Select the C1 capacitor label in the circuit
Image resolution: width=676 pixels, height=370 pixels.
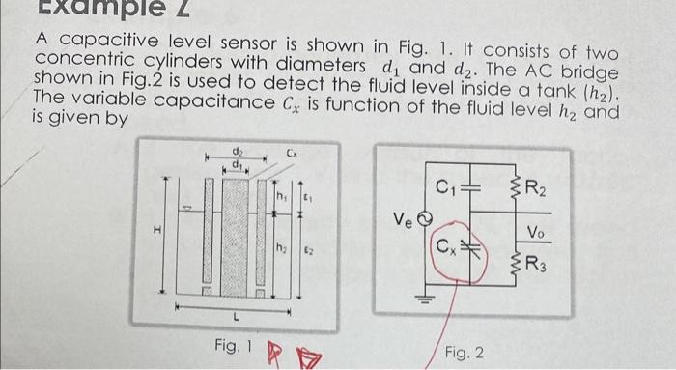pyautogui.click(x=447, y=187)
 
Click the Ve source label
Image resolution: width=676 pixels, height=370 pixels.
pyautogui.click(x=401, y=220)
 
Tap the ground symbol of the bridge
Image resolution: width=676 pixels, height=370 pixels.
pyautogui.click(x=422, y=298)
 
